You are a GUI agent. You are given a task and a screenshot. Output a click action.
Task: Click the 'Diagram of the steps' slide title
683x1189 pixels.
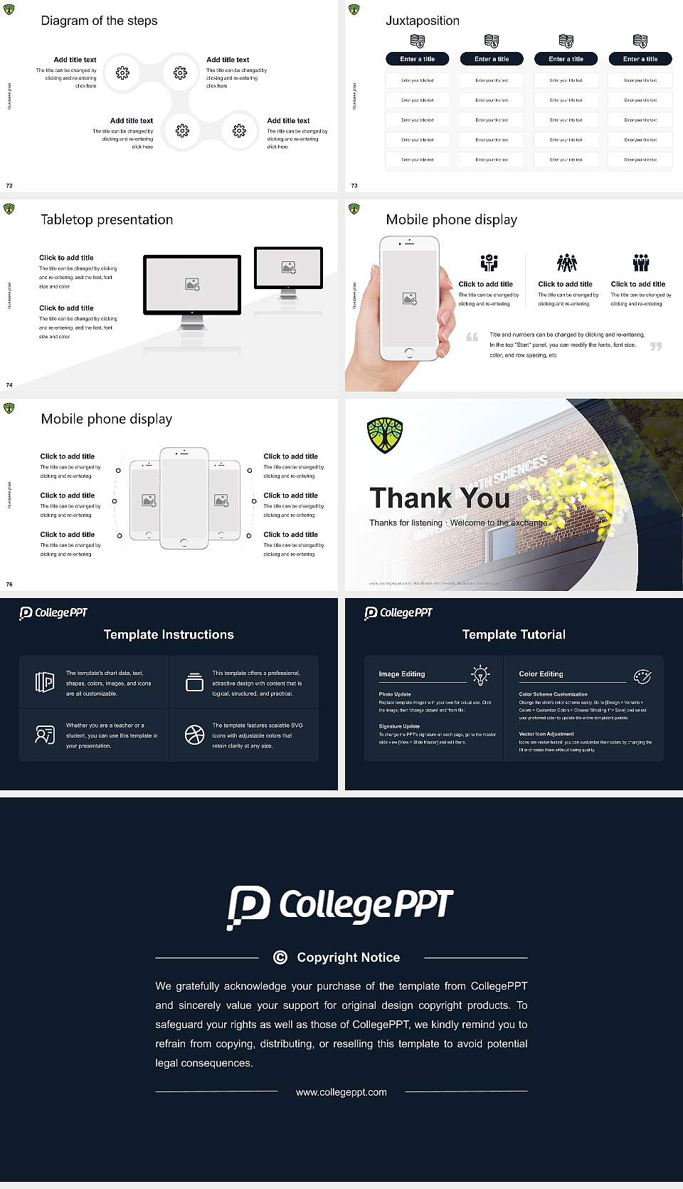tap(99, 21)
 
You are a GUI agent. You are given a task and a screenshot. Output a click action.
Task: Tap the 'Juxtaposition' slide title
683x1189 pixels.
tap(422, 21)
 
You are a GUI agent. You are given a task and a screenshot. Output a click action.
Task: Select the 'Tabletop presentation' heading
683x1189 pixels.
tap(107, 219)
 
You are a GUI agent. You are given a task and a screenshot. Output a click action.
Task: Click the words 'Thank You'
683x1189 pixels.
tap(440, 498)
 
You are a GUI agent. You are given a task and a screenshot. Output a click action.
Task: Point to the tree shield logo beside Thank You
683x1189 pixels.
tap(385, 435)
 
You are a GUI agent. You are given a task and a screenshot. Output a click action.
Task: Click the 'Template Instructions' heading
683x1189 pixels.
tap(169, 634)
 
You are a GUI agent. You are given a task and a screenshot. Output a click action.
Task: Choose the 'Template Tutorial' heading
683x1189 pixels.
tap(514, 634)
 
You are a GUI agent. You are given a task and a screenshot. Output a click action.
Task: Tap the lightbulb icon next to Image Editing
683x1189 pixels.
tap(480, 675)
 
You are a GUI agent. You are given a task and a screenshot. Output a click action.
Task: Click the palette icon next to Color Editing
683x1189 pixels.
tap(642, 676)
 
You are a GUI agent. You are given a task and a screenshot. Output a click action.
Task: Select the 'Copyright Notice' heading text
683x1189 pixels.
tap(349, 958)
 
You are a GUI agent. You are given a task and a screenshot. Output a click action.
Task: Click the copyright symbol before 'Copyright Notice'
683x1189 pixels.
tap(280, 958)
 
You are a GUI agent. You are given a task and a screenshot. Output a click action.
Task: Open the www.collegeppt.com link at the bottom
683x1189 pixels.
tap(341, 1092)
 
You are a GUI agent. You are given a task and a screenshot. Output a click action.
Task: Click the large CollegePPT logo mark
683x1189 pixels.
tap(248, 906)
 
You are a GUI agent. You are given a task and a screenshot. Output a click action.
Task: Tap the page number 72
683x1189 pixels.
tap(9, 186)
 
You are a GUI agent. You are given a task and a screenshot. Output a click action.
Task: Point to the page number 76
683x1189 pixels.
tap(9, 585)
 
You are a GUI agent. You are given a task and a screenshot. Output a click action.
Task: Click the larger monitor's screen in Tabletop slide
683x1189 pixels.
tap(192, 284)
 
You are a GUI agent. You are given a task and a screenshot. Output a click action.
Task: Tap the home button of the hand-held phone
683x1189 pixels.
tap(409, 352)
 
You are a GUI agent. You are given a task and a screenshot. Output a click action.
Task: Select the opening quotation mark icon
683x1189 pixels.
tap(472, 337)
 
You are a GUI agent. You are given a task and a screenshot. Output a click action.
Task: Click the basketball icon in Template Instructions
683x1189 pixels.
tap(194, 735)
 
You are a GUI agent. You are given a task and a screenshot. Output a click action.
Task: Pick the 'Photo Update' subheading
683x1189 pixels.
tap(395, 694)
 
